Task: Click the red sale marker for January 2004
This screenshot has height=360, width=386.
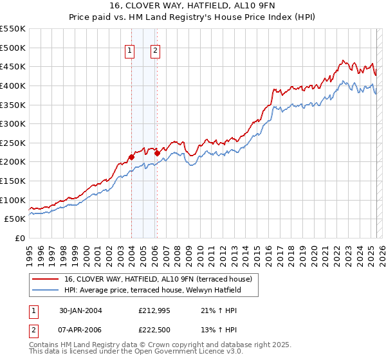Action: tap(131, 157)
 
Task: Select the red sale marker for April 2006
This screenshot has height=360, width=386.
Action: tap(156, 153)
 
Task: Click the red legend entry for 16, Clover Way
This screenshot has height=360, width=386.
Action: tap(161, 278)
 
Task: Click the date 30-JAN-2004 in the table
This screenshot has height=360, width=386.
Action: tap(80, 310)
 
